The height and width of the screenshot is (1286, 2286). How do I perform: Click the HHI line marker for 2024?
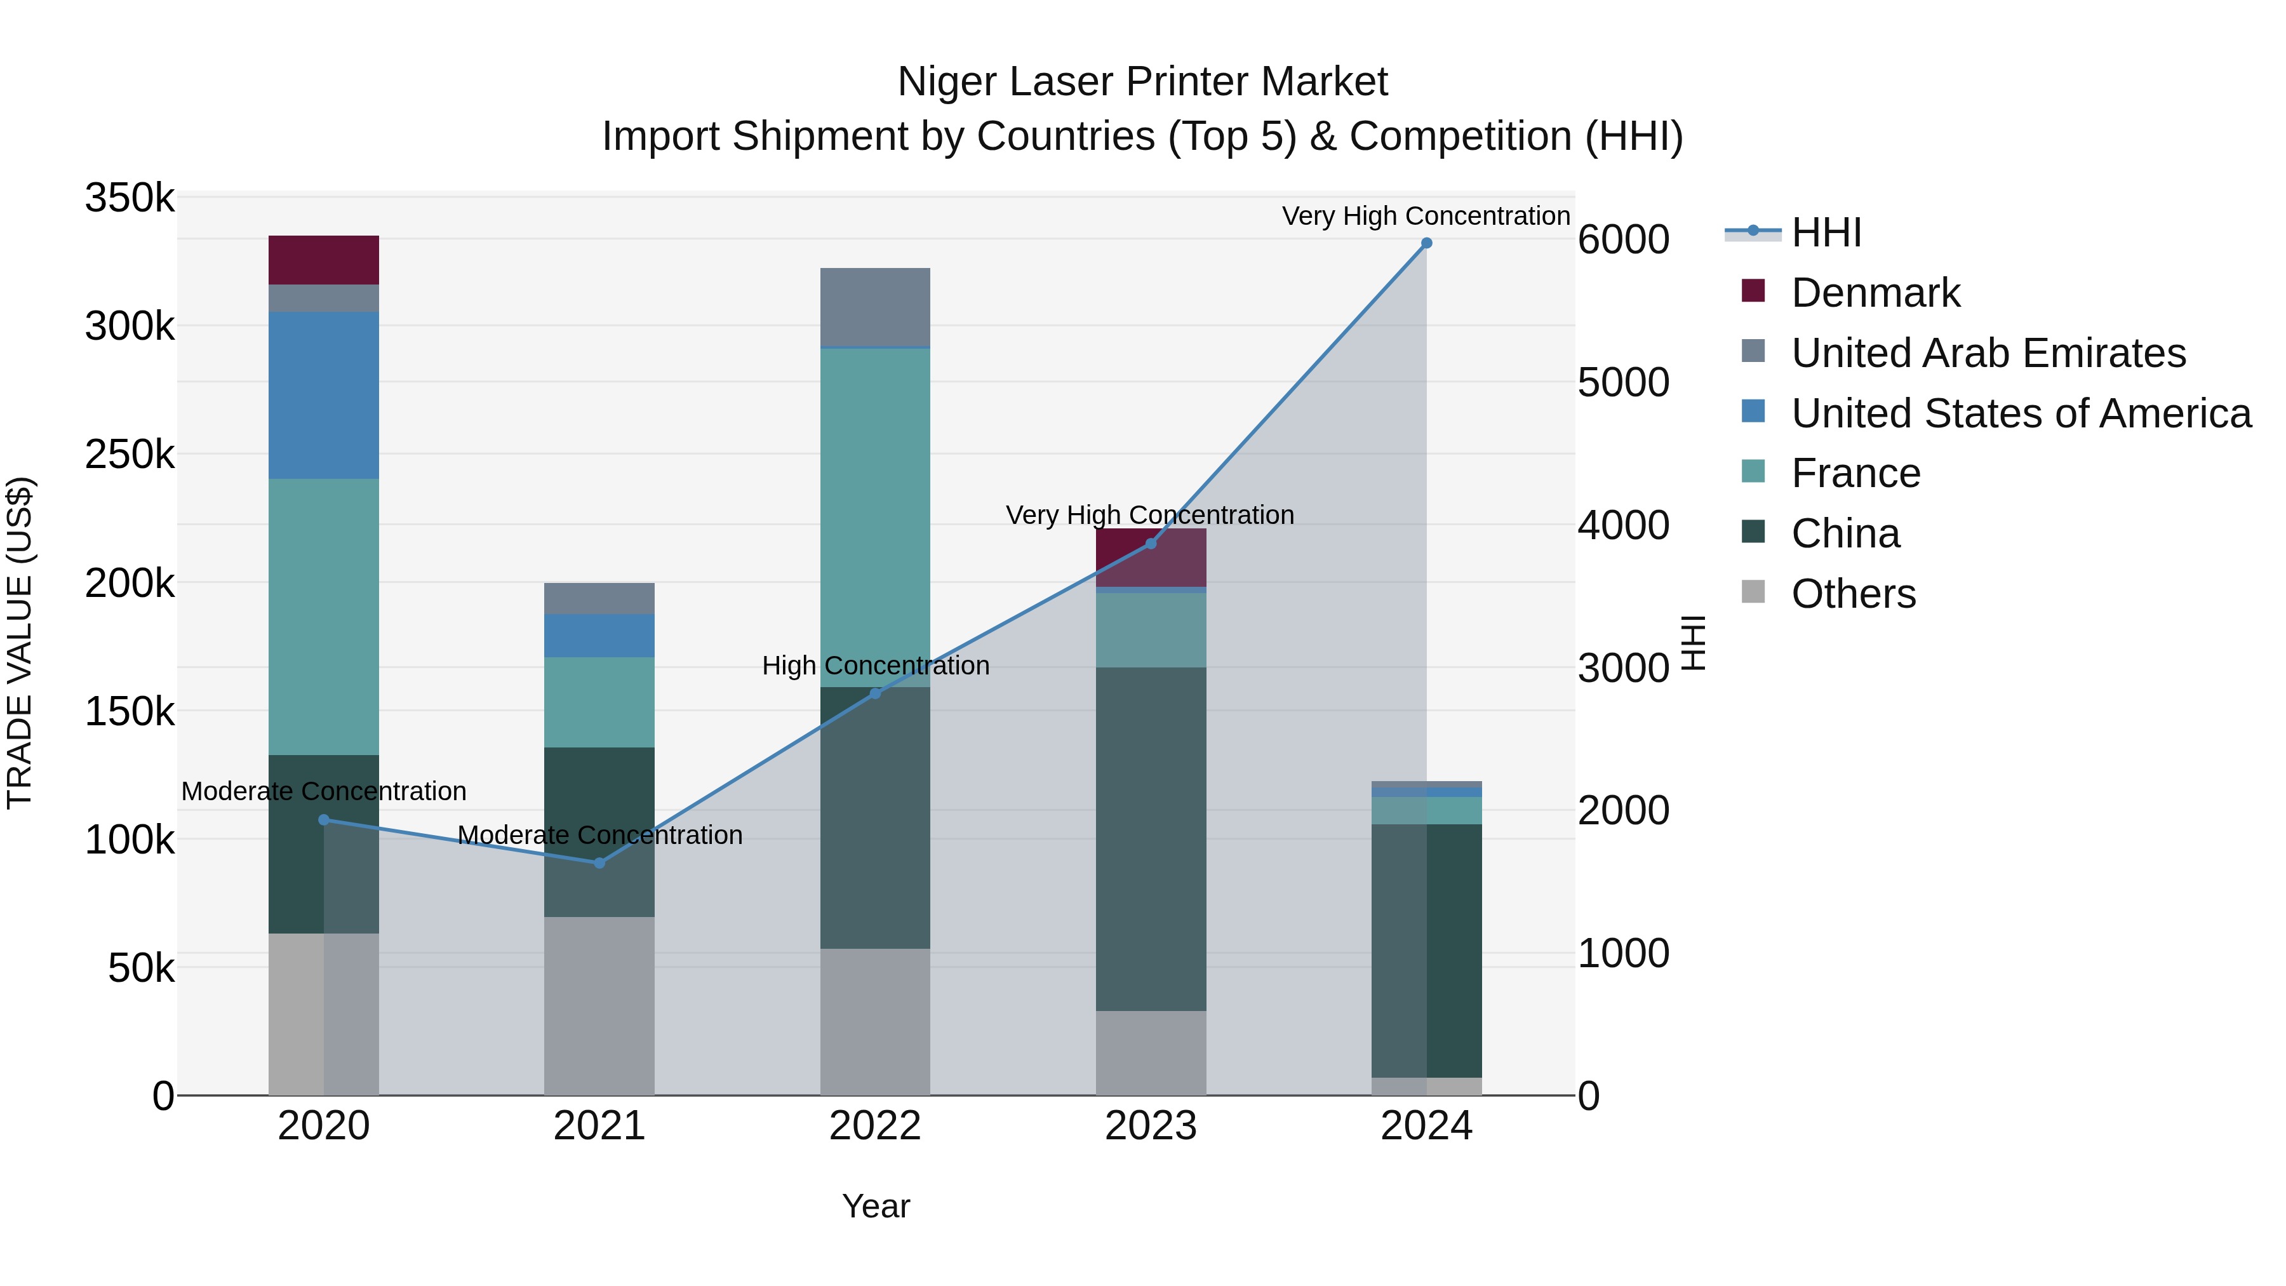click(x=1426, y=243)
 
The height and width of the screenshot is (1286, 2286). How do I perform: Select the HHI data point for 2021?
click(x=599, y=862)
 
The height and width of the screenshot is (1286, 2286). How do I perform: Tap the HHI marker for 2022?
click(x=875, y=693)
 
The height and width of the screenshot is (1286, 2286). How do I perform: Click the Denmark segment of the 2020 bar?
click(x=324, y=260)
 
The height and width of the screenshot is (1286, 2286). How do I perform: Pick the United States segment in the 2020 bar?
click(x=324, y=395)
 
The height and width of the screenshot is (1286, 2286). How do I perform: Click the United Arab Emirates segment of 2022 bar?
click(x=875, y=306)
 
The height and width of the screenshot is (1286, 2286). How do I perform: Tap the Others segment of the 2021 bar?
click(x=599, y=1005)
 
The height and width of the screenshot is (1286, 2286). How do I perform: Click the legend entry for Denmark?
click(x=1875, y=293)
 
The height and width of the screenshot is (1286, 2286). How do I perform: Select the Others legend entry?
click(x=1852, y=594)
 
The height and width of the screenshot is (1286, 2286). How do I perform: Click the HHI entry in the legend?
click(x=1826, y=232)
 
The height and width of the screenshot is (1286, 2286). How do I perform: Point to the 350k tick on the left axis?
click(x=130, y=198)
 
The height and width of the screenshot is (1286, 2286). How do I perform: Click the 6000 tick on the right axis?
click(x=1623, y=239)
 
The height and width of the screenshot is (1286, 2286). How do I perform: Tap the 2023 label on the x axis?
click(x=1151, y=1126)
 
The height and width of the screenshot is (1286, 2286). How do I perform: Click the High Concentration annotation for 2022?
click(x=875, y=666)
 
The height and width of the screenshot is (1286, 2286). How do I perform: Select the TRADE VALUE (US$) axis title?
click(x=20, y=643)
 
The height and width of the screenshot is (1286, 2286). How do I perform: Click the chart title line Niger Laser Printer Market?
click(x=1142, y=82)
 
